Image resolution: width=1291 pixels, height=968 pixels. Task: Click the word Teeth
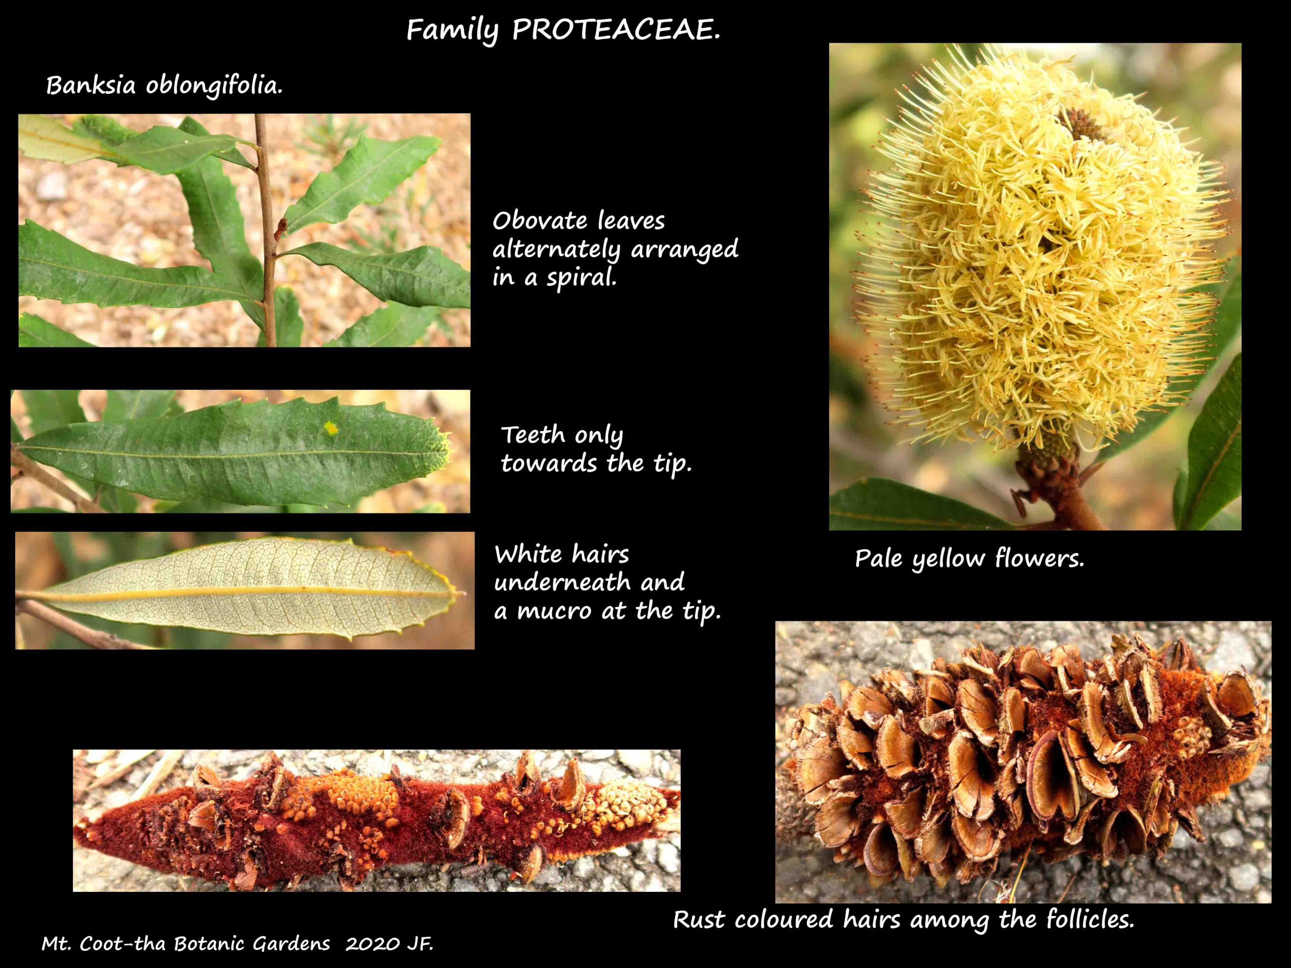click(533, 435)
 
